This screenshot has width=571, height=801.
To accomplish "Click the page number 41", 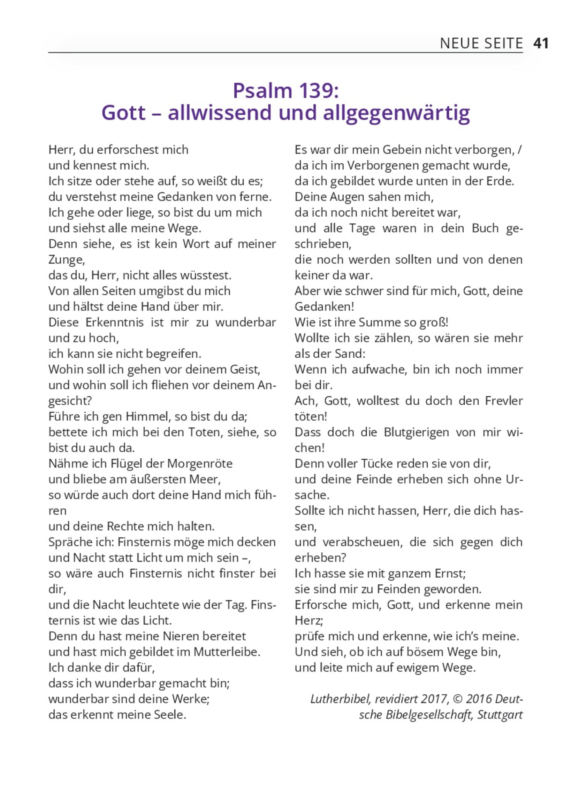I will tap(541, 43).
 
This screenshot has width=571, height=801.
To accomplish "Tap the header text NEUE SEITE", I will tap(481, 44).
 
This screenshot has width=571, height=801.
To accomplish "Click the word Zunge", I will tap(66, 260).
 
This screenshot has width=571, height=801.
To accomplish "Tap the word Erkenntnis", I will tap(115, 322).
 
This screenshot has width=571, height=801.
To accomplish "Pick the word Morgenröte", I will tap(200, 464).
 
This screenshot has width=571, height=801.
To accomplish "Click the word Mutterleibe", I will tap(227, 652).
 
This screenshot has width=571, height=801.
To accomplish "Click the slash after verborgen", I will tap(520, 150).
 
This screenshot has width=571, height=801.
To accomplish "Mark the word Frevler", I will tap(504, 401).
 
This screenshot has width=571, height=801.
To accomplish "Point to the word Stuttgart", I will tap(500, 715).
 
